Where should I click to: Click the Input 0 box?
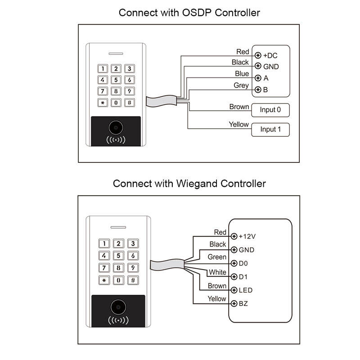(270, 110)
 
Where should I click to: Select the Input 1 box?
(270, 130)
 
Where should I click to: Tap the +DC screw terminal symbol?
(258, 55)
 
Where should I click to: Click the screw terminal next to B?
(258, 90)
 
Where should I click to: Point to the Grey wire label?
(241, 85)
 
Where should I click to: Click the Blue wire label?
(242, 74)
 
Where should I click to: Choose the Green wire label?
(217, 257)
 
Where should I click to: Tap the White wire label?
(217, 272)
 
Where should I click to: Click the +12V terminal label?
(247, 237)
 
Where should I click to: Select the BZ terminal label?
(243, 304)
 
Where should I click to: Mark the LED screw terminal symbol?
(234, 290)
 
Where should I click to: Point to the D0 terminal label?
(243, 263)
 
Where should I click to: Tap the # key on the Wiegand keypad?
(133, 280)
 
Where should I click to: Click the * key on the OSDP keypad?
(103, 103)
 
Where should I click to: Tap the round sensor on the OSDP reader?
(116, 128)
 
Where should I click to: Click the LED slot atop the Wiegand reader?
(118, 227)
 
